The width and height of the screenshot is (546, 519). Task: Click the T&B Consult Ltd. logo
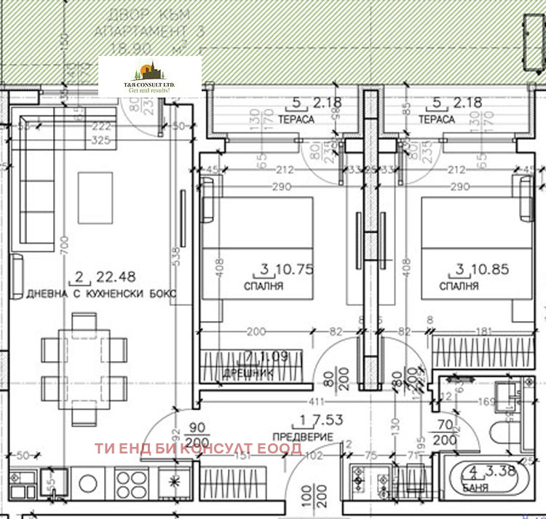(150, 76)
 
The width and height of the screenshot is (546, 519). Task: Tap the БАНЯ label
(475, 488)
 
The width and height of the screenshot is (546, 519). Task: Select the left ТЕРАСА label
(296, 119)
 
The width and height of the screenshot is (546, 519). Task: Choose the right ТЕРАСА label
(437, 119)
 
